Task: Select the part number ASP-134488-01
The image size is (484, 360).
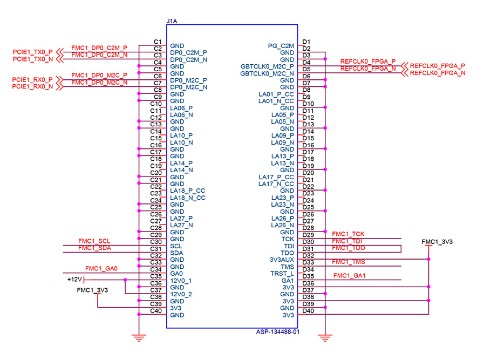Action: pos(277,332)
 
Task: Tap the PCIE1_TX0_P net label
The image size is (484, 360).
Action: pos(33,52)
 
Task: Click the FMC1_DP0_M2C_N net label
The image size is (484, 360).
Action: pos(99,83)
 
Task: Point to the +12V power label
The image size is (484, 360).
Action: pos(74,279)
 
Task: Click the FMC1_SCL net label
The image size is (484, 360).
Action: pos(94,241)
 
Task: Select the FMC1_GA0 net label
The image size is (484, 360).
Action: pos(101,268)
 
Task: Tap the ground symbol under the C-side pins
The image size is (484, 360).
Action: pos(139,338)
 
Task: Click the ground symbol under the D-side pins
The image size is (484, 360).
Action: pos(325,338)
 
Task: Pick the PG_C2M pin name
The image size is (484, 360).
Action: pos(281,45)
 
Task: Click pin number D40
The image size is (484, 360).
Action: pos(308,310)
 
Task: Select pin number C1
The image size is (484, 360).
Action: pos(158,42)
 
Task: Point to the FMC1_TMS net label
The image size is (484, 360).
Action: pos(349,262)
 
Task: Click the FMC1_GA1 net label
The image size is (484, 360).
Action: pos(350,276)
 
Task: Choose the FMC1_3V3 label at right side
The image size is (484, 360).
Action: pos(437,241)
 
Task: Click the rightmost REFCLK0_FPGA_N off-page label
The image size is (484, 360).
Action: pos(438,72)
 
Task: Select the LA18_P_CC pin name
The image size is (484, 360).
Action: pos(187,191)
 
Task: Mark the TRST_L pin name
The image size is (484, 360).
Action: pos(282,274)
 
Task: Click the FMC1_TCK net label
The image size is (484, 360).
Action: pos(349,234)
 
